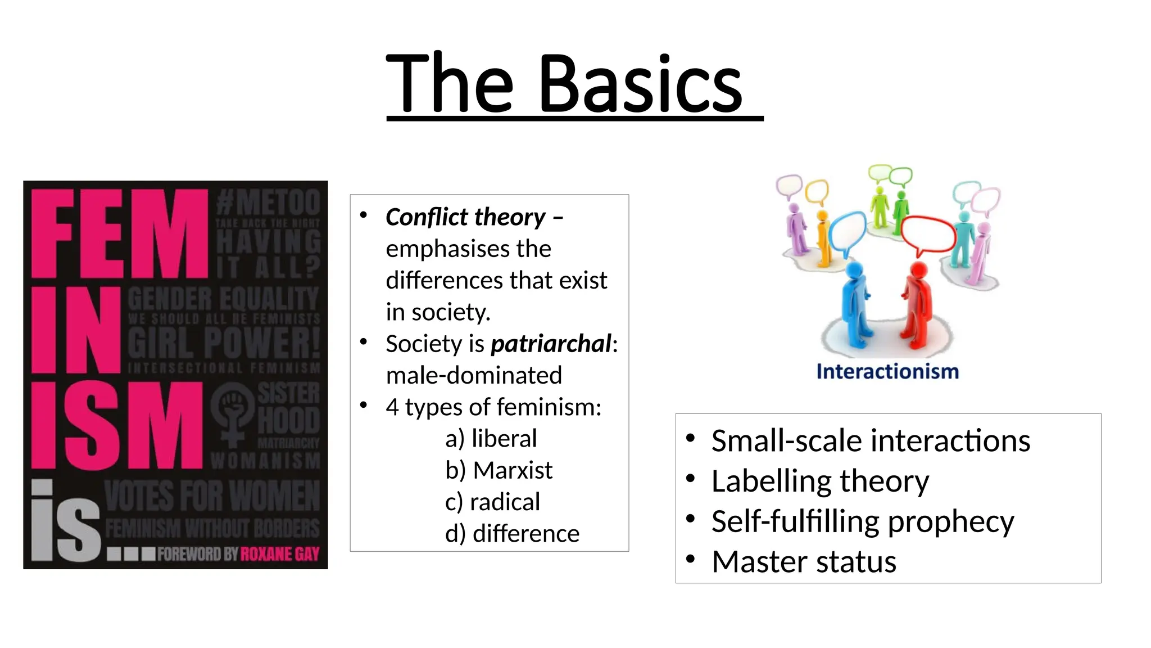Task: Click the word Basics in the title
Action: point(641,84)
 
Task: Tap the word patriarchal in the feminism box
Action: point(551,344)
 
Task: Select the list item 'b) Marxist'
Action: point(499,470)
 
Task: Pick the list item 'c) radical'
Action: point(492,502)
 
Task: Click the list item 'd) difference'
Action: point(512,533)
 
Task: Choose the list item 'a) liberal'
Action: point(491,439)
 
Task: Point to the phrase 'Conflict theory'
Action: point(466,217)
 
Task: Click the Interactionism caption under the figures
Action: point(887,372)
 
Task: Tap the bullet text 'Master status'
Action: point(804,561)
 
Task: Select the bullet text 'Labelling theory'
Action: point(820,481)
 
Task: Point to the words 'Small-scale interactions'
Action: point(871,440)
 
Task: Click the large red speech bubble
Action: point(928,235)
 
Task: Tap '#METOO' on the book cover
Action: point(268,202)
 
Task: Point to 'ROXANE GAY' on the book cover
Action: point(280,554)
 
